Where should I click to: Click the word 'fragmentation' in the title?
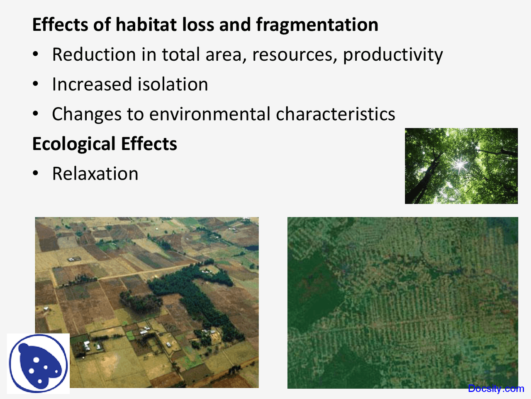[317, 25]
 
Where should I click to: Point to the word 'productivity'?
[392, 55]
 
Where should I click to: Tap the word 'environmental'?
[209, 114]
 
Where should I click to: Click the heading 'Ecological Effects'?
[105, 144]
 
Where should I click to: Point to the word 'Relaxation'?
[95, 174]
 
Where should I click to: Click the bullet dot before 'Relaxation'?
[36, 174]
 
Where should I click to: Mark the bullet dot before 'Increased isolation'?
[36, 84]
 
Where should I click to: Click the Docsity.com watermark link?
[496, 389]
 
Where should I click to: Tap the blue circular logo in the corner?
[38, 363]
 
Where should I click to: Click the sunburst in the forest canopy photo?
[460, 165]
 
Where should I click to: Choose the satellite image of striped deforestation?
[402, 303]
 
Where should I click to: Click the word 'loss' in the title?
[197, 25]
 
